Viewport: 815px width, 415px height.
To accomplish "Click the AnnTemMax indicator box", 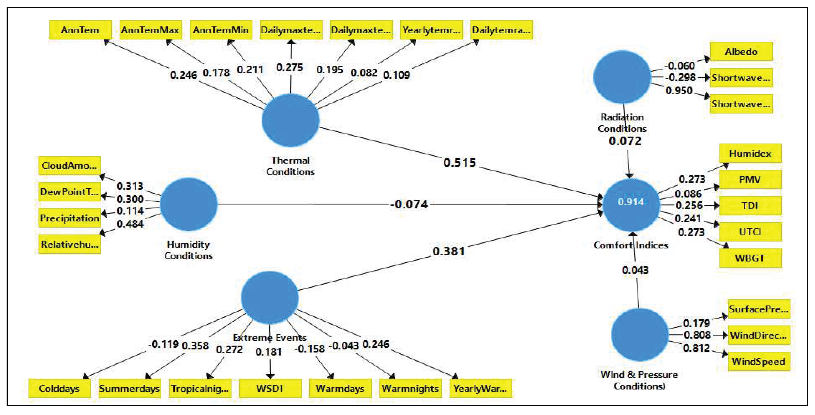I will [x=151, y=30].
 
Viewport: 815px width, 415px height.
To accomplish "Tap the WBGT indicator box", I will [x=750, y=258].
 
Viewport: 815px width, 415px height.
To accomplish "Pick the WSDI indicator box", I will [x=270, y=389].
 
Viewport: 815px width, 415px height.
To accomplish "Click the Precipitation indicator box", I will [x=70, y=218].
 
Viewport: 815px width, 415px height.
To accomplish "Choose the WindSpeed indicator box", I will [x=758, y=361].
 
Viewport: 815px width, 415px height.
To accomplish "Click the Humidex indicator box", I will [x=750, y=153].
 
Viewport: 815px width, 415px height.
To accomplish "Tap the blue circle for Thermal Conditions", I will [x=290, y=120].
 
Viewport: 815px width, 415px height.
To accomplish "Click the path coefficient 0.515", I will [x=459, y=162].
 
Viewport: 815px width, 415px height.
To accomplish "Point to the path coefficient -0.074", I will [x=409, y=204].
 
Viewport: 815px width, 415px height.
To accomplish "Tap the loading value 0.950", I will [x=679, y=91].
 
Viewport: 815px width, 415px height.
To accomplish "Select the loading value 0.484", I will [x=130, y=224].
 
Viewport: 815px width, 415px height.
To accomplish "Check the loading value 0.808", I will [x=697, y=335].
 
